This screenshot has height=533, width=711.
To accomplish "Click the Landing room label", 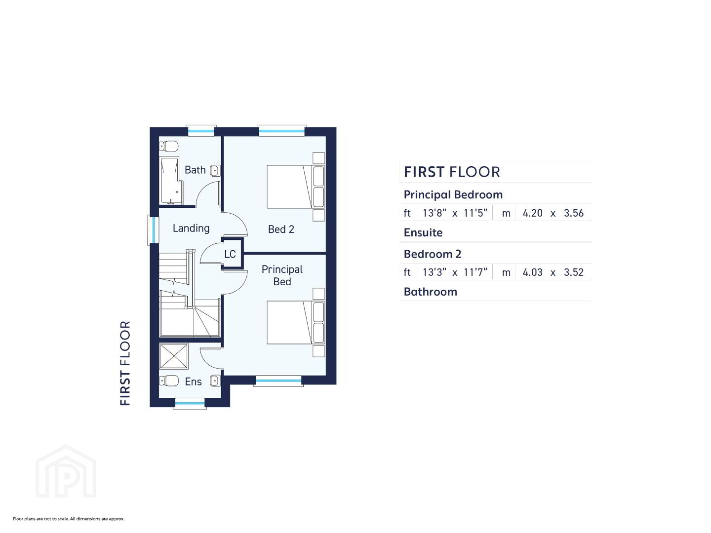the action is [x=191, y=228].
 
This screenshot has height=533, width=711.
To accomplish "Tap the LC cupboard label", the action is [x=230, y=254].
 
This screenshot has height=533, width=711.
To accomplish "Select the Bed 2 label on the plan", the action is [x=281, y=229].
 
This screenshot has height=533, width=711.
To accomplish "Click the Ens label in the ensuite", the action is [x=193, y=381].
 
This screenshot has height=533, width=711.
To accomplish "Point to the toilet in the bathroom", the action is [x=168, y=146].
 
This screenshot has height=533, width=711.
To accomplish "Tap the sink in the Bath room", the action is [x=215, y=170].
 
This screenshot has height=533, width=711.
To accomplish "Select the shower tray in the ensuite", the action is [x=174, y=356].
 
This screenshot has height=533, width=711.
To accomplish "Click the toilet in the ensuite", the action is [x=168, y=381].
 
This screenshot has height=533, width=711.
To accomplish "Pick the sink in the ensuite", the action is [x=215, y=381].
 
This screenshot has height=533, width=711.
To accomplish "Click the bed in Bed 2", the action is [x=295, y=187].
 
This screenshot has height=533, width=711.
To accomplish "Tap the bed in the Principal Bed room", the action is [x=295, y=322].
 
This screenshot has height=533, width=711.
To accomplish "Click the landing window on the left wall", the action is [x=153, y=230].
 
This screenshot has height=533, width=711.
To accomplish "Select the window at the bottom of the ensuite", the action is [x=190, y=404].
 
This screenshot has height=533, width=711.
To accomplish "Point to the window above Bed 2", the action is [x=282, y=131].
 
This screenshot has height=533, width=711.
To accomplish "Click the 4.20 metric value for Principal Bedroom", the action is [x=533, y=213].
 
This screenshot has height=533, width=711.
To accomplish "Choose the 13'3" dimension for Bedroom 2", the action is [x=434, y=272].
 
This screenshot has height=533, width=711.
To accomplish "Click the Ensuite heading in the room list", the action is [x=423, y=232].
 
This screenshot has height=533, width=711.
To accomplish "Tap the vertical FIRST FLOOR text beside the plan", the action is [x=125, y=363].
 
